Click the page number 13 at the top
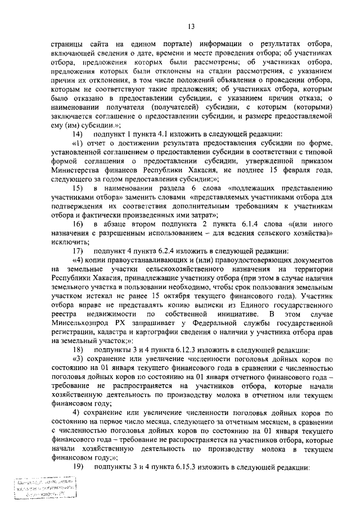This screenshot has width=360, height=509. coord(191,26)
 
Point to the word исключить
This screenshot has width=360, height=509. coord(66,240)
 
